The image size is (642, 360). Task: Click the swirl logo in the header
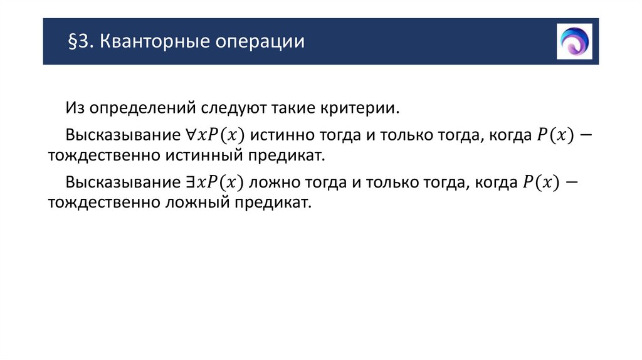[x=574, y=41]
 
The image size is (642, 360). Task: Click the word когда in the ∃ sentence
[x=493, y=183]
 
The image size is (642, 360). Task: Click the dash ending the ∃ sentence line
[x=572, y=183]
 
